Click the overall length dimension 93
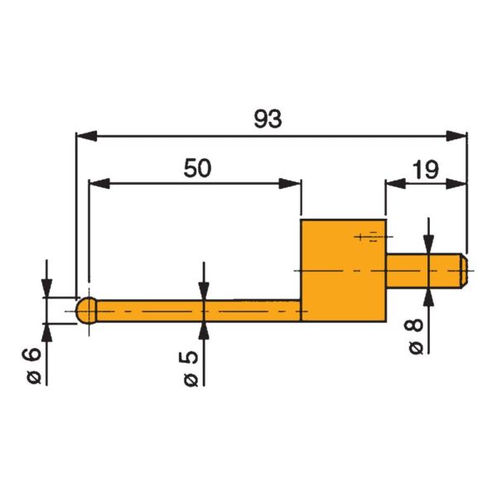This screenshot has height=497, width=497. point(268,119)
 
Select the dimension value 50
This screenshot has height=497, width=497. point(197,168)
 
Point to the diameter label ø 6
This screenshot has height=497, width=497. point(31,364)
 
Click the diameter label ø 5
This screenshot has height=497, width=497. point(191,365)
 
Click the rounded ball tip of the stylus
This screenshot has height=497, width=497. point(86,311)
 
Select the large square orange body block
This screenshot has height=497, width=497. point(343,270)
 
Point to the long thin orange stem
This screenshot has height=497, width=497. point(199,311)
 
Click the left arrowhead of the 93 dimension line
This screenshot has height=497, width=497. point(83,135)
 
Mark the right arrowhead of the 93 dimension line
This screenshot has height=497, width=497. point(457,135)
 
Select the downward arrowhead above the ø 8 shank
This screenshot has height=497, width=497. point(428,245)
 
